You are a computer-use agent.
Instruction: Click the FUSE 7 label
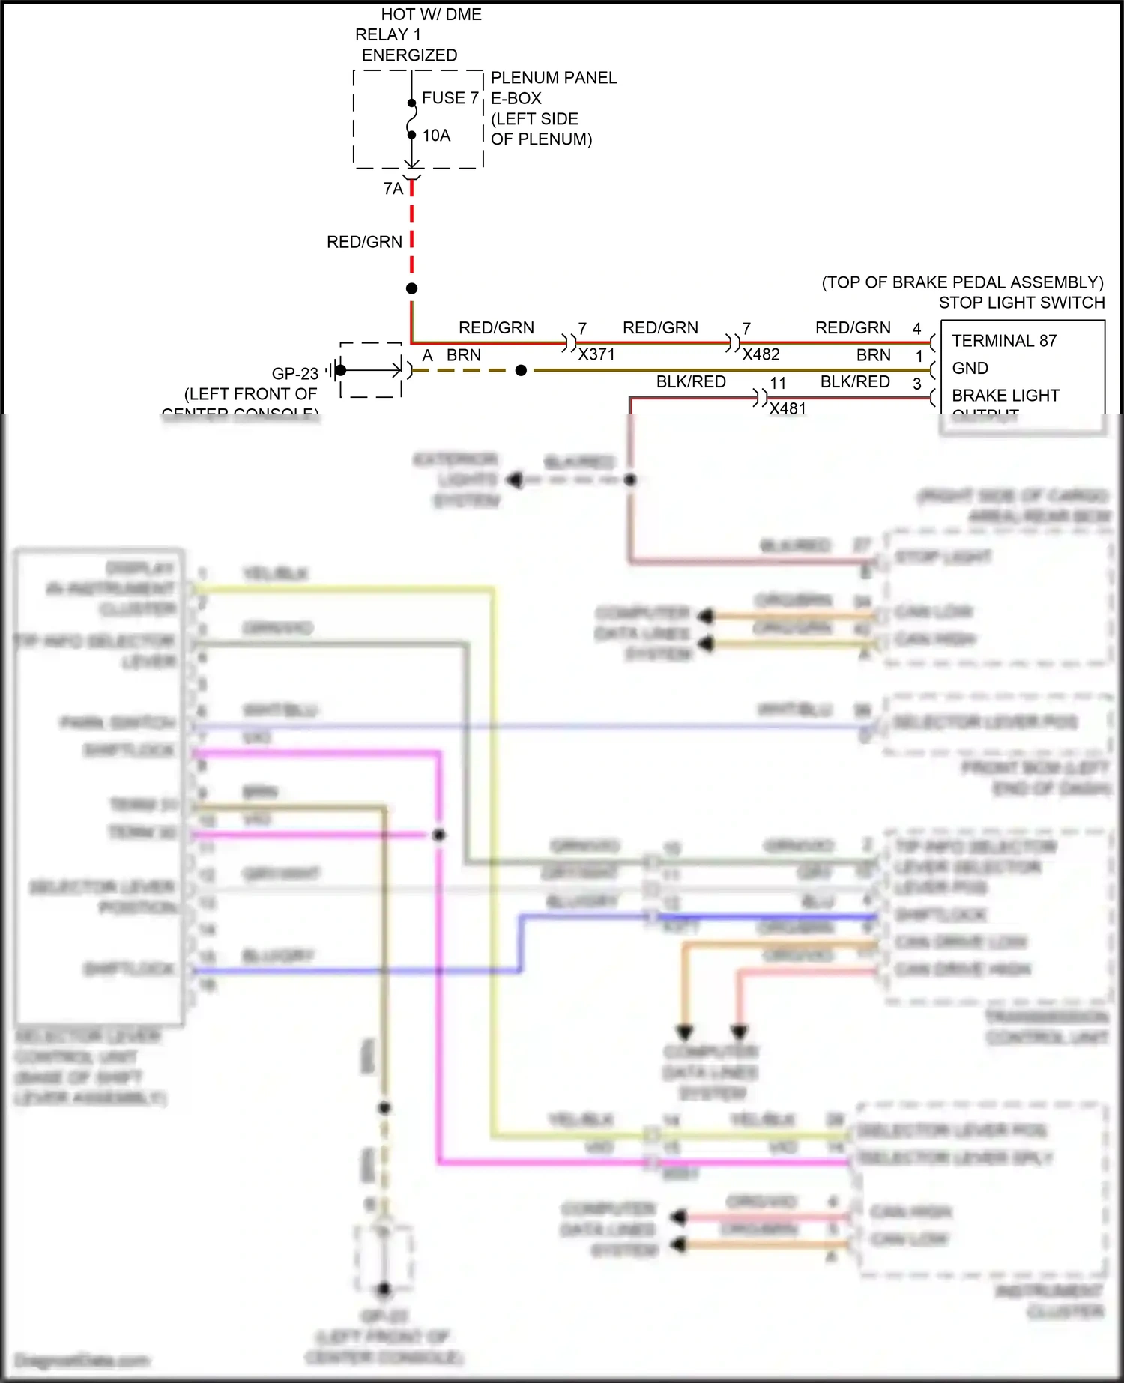(450, 98)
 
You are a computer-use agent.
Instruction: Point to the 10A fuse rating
(436, 136)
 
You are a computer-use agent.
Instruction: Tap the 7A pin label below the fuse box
(393, 189)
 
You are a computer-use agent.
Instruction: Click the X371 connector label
(596, 354)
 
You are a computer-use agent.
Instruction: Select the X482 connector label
(761, 354)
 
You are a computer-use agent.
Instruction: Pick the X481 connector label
(788, 408)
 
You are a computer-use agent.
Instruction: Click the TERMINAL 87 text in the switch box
(1003, 341)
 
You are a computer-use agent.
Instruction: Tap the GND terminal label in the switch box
(970, 368)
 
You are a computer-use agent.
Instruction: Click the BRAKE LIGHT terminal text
(1005, 395)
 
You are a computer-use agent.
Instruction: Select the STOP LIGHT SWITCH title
(1021, 303)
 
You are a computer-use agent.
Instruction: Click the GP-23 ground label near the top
(294, 373)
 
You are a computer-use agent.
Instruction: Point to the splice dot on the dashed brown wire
(521, 370)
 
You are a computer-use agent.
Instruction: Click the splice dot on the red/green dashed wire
(411, 288)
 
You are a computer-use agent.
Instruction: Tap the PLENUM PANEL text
(553, 78)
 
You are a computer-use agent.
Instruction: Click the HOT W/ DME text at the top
(431, 15)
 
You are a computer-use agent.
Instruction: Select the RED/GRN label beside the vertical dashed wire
(364, 242)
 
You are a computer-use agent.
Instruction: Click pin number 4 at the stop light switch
(916, 329)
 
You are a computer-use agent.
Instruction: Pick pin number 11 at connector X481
(778, 383)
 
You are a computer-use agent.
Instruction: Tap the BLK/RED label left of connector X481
(691, 381)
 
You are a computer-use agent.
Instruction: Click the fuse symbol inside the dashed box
(411, 118)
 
